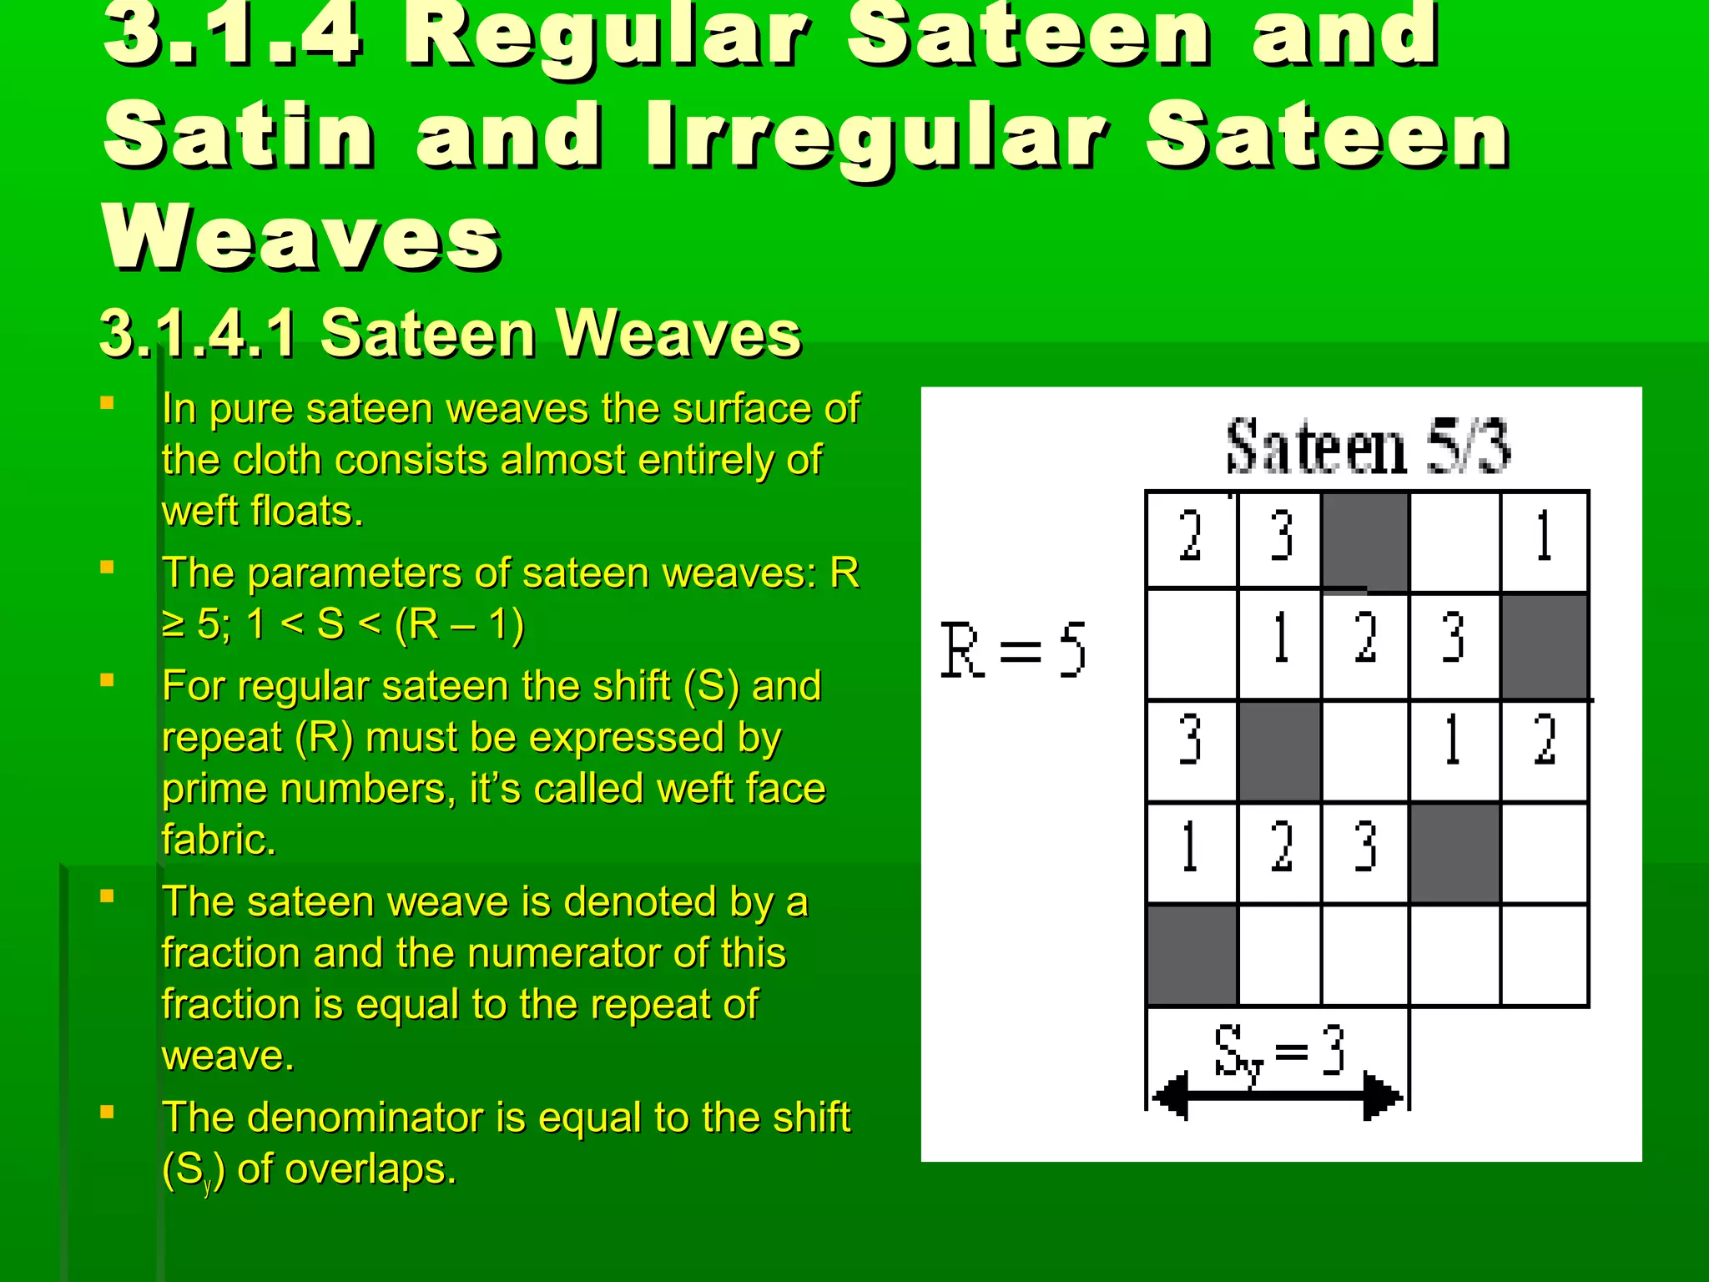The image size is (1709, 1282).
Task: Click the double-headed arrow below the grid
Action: tap(1277, 1096)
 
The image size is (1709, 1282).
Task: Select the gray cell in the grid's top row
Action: tap(1365, 541)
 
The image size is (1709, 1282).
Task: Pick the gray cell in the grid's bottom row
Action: tap(1192, 955)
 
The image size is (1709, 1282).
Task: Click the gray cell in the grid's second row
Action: tap(1544, 644)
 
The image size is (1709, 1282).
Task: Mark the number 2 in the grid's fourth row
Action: tap(1280, 848)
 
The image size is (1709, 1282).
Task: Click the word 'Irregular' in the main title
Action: tap(876, 135)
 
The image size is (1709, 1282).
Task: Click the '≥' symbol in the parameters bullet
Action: tap(174, 624)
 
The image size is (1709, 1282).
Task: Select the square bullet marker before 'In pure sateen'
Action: tap(107, 404)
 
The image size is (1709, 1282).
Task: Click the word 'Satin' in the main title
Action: tap(239, 135)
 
